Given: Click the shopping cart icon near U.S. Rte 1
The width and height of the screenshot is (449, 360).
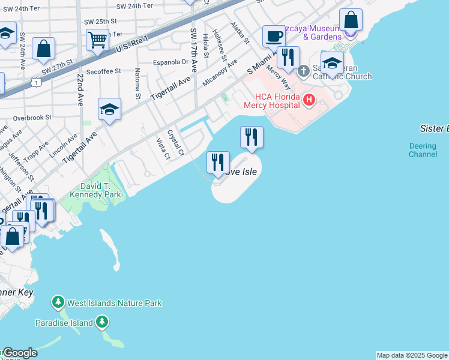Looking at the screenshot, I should pos(97,41).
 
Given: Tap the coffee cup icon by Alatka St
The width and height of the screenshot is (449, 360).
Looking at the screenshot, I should pos(274,36).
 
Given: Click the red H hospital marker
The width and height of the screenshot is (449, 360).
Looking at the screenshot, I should pos(309,100).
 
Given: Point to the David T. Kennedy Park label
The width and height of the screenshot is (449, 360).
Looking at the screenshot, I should pos(96,190).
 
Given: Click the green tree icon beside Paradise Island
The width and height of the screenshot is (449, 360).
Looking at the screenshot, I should pos(103,323).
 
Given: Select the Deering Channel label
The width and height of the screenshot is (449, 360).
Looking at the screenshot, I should pos(423,150).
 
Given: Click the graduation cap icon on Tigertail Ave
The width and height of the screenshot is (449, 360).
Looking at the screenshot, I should pos(110,110).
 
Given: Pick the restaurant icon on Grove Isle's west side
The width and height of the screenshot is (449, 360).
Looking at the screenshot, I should pos(218,162).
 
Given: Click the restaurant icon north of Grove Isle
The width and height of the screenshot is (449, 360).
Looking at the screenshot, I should pos(252,137).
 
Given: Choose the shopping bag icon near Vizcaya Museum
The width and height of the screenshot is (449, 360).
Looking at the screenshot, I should pos(351,20).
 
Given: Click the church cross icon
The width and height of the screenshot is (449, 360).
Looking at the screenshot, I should pos(304,71).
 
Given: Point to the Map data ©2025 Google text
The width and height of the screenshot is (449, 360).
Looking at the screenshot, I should pos(412,355).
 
